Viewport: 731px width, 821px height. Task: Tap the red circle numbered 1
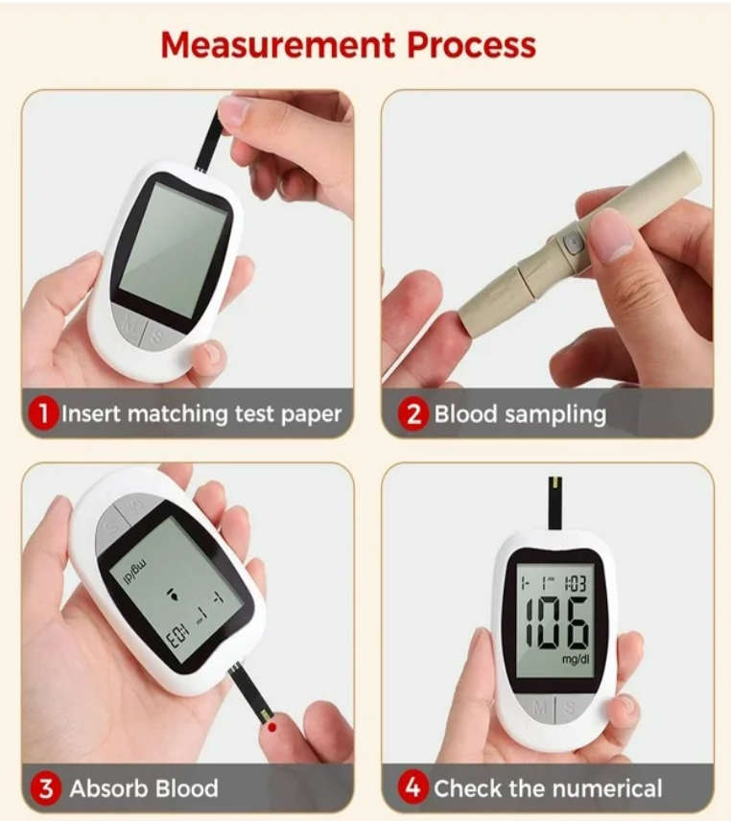point(43,414)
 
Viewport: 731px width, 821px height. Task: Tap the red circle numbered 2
point(413,414)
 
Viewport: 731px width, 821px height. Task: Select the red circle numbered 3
point(43,789)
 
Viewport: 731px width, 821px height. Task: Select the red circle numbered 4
point(413,789)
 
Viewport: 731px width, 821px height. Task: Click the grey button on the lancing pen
point(573,244)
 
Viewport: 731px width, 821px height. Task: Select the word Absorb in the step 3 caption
point(108,789)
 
